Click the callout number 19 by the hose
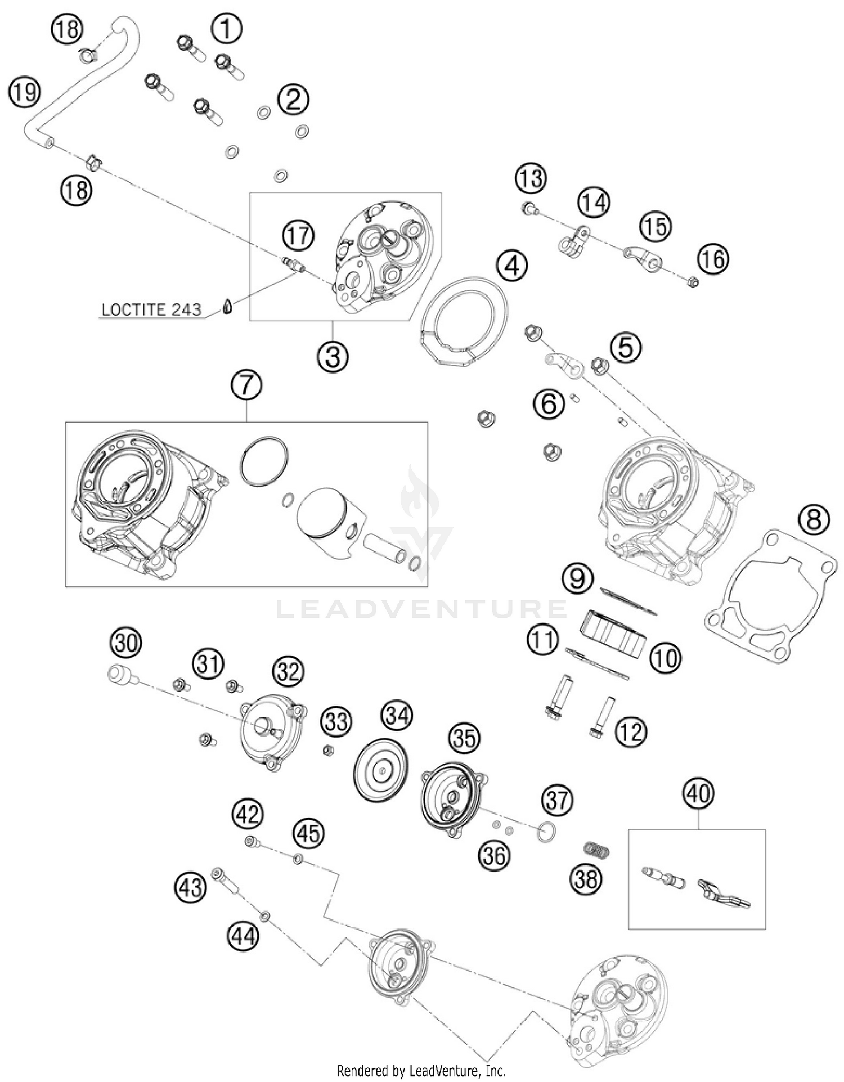pos(24,92)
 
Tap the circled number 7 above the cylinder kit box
pos(246,386)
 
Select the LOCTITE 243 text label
pos(151,309)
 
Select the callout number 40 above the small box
pos(698,793)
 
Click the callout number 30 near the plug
pos(125,643)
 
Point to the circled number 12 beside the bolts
pos(631,732)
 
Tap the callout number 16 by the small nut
pos(713,259)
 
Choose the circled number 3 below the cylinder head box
pos(333,357)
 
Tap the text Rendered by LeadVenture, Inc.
pos(421,1070)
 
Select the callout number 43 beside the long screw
pos(190,887)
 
